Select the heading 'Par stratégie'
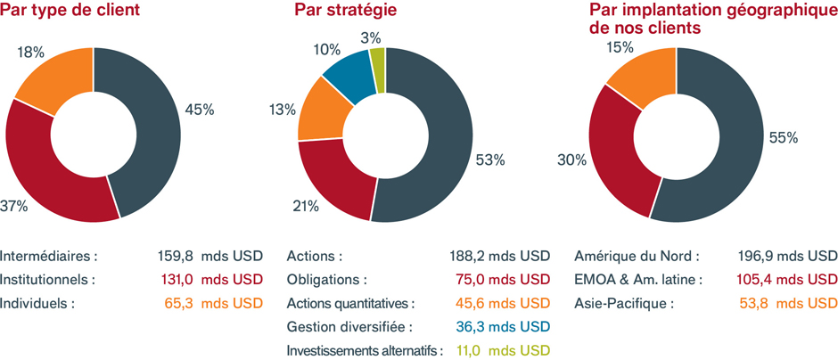(x=345, y=12)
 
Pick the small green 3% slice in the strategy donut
(x=377, y=59)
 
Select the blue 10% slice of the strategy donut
(x=346, y=71)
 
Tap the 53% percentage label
(x=491, y=160)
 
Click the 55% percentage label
(x=785, y=138)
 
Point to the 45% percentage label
(x=199, y=110)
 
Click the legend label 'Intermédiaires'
(x=49, y=256)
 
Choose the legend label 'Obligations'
(x=326, y=280)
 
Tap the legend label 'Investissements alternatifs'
(x=364, y=350)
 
